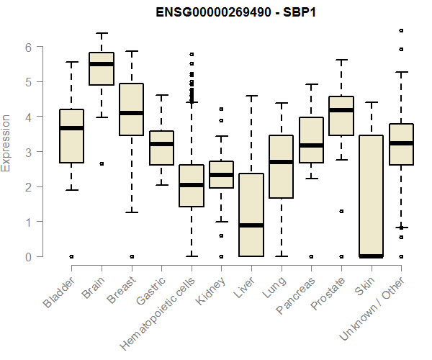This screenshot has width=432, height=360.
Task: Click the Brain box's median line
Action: coord(101,64)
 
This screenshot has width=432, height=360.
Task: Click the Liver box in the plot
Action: coord(251,215)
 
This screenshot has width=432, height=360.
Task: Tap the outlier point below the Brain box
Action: coord(102,163)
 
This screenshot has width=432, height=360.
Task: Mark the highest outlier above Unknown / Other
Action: coord(401,30)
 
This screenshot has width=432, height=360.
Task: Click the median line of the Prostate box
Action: coord(341,110)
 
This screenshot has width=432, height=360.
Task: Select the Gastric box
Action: coord(161,148)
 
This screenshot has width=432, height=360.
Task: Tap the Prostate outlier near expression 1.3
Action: coord(341,211)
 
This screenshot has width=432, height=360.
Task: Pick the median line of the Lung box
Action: coord(281,162)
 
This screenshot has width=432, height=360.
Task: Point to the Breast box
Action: coord(131,109)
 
